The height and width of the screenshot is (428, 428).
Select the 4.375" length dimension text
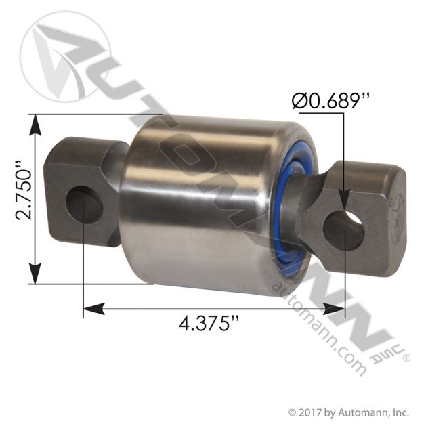click(x=209, y=324)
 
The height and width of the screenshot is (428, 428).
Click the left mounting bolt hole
click(x=85, y=205)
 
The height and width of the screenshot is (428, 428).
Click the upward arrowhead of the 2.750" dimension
click(x=35, y=125)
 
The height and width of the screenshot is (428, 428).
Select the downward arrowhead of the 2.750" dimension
click(x=35, y=274)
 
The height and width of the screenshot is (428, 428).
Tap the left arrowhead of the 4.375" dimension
click(x=93, y=309)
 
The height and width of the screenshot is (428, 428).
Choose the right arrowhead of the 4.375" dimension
click(x=334, y=309)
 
